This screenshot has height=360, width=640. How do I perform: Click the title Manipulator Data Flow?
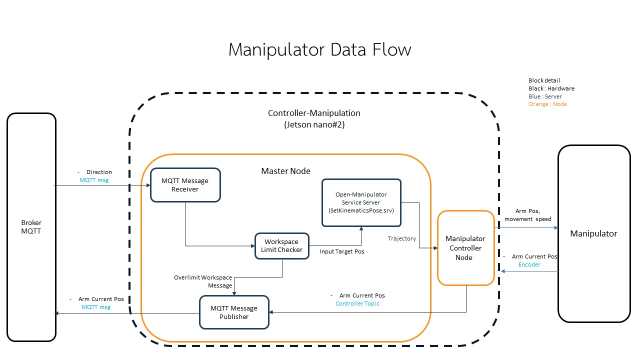[x=320, y=50]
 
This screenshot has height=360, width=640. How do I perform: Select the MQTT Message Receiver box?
[x=185, y=185]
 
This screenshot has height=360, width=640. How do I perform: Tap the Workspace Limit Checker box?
[x=281, y=246]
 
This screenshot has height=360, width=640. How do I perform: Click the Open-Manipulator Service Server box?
[x=361, y=202]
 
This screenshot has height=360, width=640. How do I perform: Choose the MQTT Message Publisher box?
[x=234, y=312]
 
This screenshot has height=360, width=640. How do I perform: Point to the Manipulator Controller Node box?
[x=465, y=248]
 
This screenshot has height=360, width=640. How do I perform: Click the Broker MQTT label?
[x=31, y=227]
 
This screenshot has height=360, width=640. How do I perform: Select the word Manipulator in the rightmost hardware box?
[x=593, y=233]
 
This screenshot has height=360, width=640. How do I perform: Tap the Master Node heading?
[x=285, y=171]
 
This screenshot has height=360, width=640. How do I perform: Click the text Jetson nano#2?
[x=314, y=125]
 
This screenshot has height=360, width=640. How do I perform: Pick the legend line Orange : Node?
[x=547, y=104]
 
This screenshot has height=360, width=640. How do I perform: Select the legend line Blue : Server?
[x=545, y=96]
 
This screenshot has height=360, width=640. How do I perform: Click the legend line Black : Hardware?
[x=551, y=88]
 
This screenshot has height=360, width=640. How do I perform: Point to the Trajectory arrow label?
[x=401, y=238]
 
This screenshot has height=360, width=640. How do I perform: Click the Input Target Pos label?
[x=342, y=251]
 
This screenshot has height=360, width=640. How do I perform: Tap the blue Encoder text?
[x=529, y=264]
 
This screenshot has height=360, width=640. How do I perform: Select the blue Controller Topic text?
[x=357, y=303]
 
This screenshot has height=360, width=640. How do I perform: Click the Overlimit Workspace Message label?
[x=203, y=281]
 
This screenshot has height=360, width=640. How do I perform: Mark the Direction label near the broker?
[x=99, y=172]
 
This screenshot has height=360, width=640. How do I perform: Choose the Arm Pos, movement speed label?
[x=527, y=215]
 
